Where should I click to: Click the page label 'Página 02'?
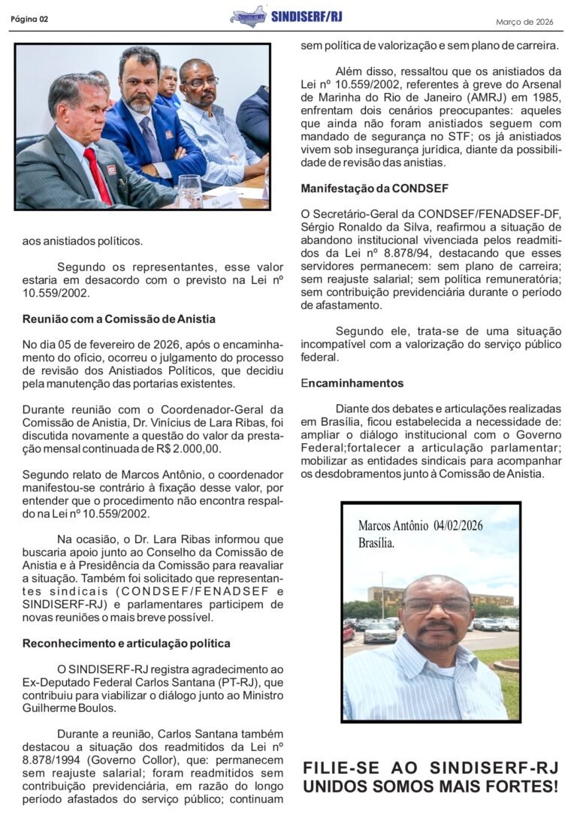(x=29, y=20)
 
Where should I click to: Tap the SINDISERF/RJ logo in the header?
(x=249, y=16)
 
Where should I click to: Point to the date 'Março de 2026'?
(x=524, y=22)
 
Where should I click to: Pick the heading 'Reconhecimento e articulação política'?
(x=126, y=643)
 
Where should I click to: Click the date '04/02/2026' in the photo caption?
(x=458, y=526)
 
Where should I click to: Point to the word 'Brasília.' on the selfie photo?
(x=376, y=543)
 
